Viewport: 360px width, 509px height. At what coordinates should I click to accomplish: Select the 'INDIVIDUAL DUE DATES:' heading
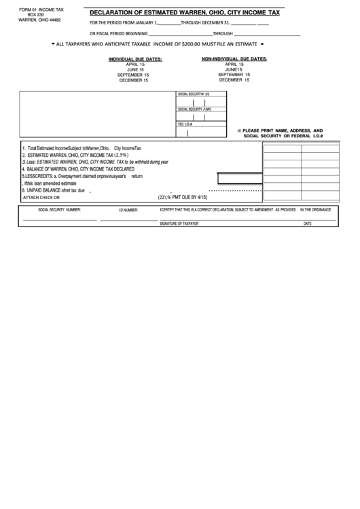tap(135, 59)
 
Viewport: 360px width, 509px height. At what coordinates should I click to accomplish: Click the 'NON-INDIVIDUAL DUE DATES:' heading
tap(234, 59)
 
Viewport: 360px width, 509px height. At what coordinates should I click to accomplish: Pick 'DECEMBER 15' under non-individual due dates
tap(234, 80)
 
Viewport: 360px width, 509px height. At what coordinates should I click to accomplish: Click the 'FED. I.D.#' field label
tap(185, 124)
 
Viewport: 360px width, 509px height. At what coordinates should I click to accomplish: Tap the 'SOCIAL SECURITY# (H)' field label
tap(194, 94)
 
